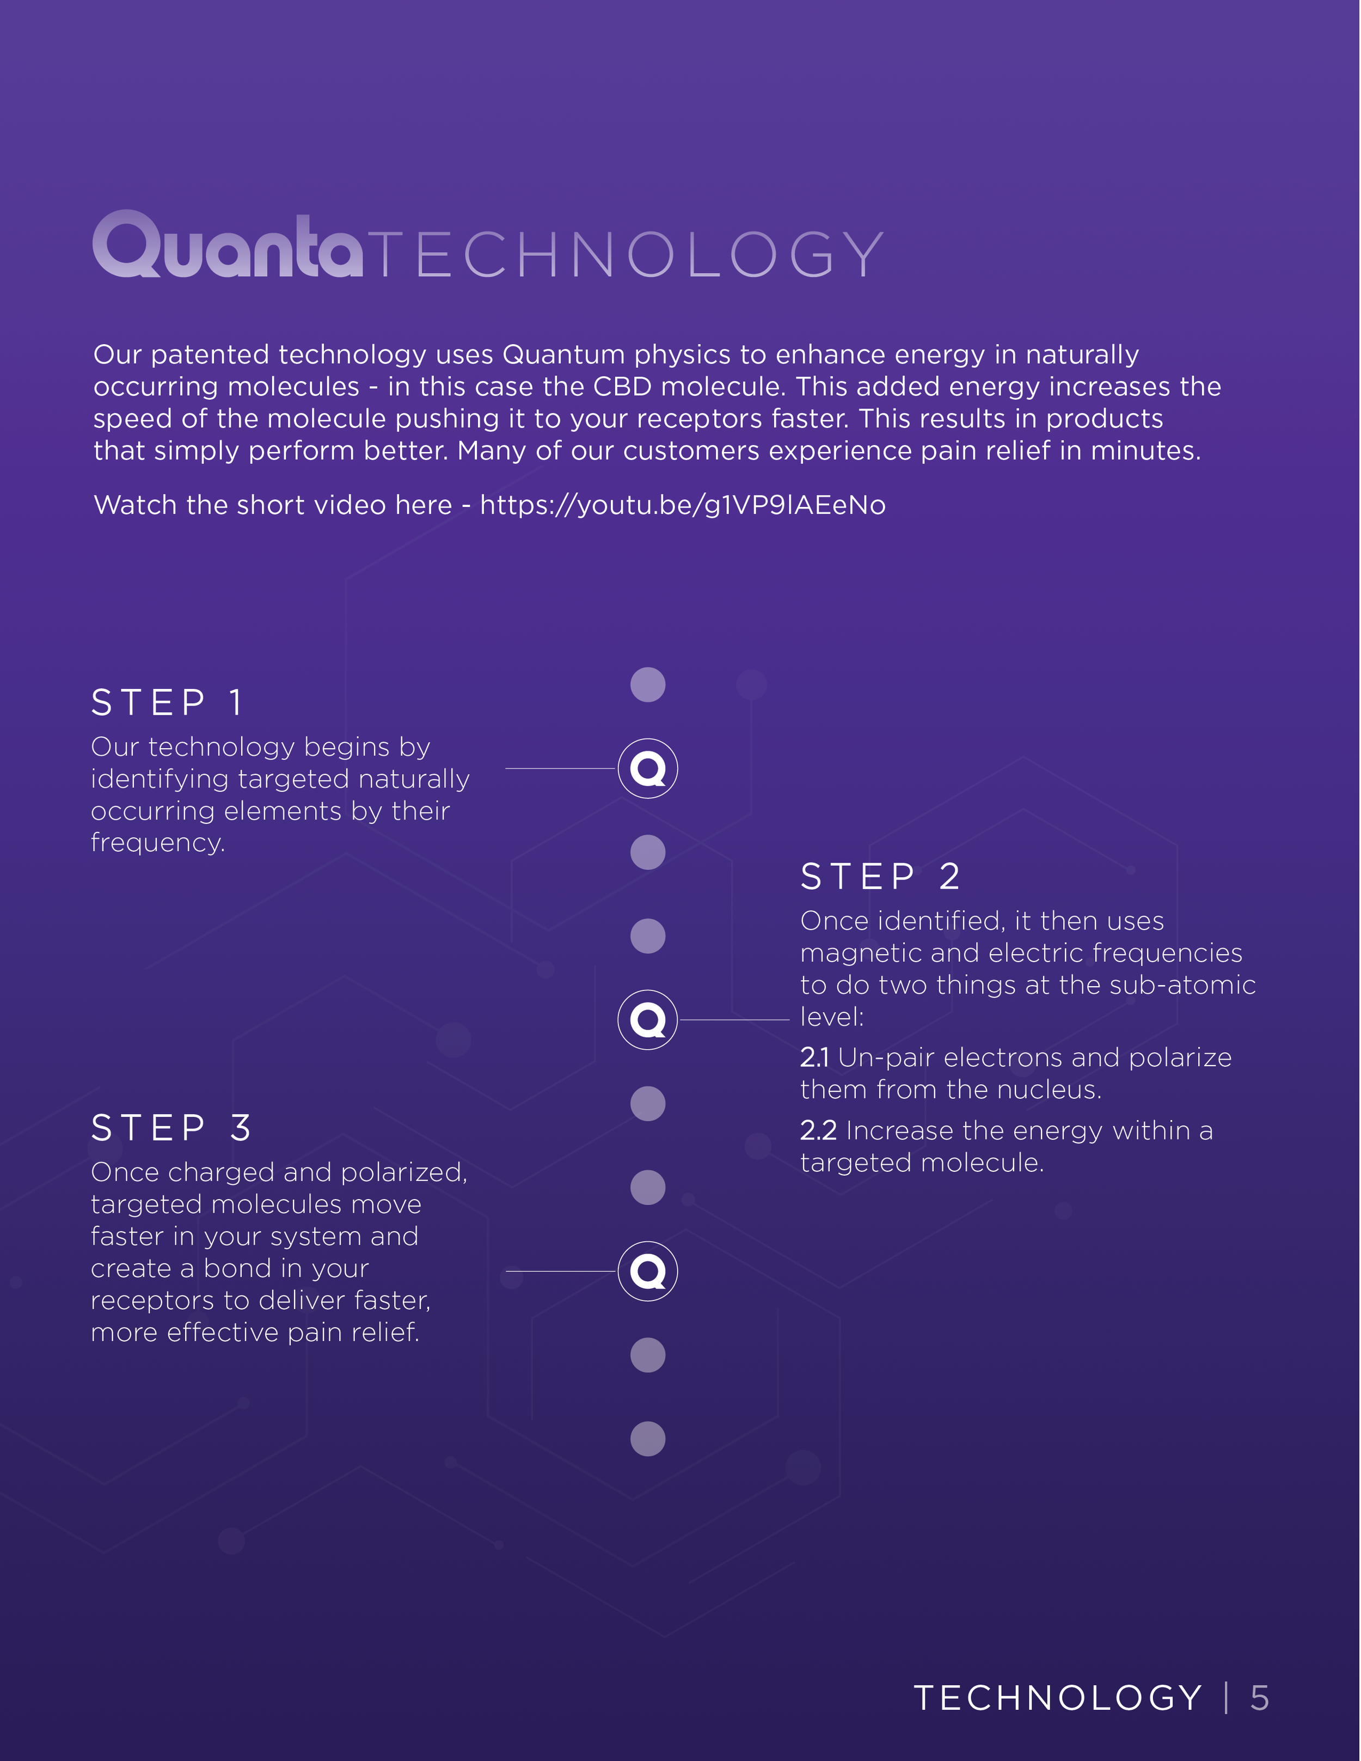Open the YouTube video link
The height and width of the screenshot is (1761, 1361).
pos(682,505)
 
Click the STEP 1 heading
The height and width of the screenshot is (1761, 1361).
pos(167,702)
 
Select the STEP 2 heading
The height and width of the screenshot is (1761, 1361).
pos(880,877)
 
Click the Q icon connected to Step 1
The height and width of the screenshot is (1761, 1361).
pos(647,768)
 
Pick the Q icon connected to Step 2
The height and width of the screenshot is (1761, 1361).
pos(647,1020)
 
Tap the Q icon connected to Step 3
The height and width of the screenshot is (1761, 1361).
pos(647,1271)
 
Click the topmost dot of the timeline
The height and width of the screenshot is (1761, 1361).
pos(647,684)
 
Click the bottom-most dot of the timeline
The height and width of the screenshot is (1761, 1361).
pos(647,1439)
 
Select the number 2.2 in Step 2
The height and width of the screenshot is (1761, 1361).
pos(818,1130)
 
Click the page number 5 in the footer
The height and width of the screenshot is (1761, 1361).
pos(1259,1698)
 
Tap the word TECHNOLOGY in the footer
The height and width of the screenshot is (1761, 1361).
pos(1058,1698)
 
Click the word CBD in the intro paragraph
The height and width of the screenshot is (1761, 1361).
pos(622,387)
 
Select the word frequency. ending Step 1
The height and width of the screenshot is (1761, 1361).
pos(158,843)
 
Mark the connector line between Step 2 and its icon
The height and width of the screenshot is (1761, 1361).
pos(734,1020)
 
